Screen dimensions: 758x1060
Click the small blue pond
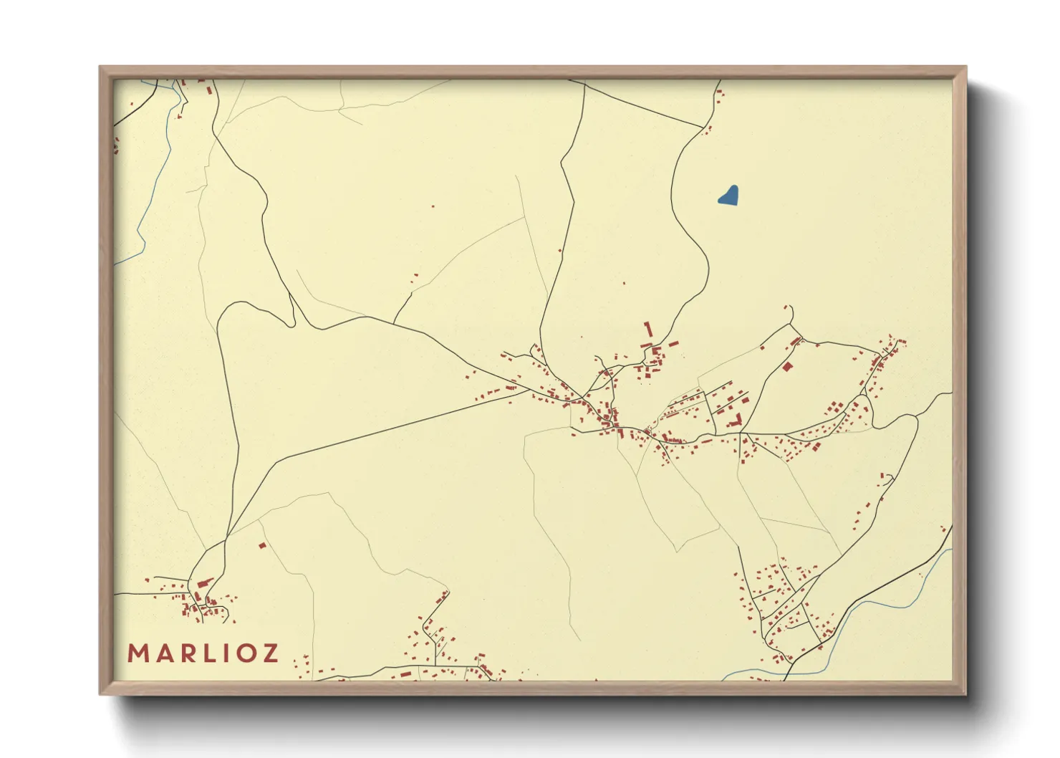728,196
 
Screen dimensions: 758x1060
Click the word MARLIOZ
203,653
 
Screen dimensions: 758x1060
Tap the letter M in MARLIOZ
138,653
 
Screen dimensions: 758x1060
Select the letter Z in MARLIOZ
270,653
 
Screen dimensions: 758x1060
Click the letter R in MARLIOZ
185,653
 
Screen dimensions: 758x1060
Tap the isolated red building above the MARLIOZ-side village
262,546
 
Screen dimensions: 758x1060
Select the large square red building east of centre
788,367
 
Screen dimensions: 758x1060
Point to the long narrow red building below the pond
649,330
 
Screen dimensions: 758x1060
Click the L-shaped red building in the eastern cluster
736,421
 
